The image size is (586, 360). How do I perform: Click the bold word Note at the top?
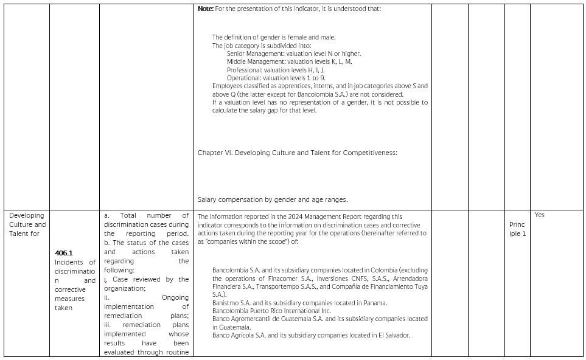(205, 9)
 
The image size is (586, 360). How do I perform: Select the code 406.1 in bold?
(63, 252)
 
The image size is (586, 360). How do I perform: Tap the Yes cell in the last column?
(539, 215)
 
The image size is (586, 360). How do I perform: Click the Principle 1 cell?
(517, 229)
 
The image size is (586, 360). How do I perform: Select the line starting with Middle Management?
(289, 61)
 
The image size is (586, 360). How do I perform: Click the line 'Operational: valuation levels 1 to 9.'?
(276, 78)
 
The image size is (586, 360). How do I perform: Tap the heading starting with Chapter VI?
(297, 153)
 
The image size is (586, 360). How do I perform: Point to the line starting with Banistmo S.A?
(299, 303)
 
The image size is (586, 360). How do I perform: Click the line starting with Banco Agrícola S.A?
(311, 335)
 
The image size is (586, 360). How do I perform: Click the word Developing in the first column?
(27, 215)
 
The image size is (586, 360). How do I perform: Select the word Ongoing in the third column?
(175, 297)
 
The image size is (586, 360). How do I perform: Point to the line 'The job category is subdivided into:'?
(262, 46)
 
